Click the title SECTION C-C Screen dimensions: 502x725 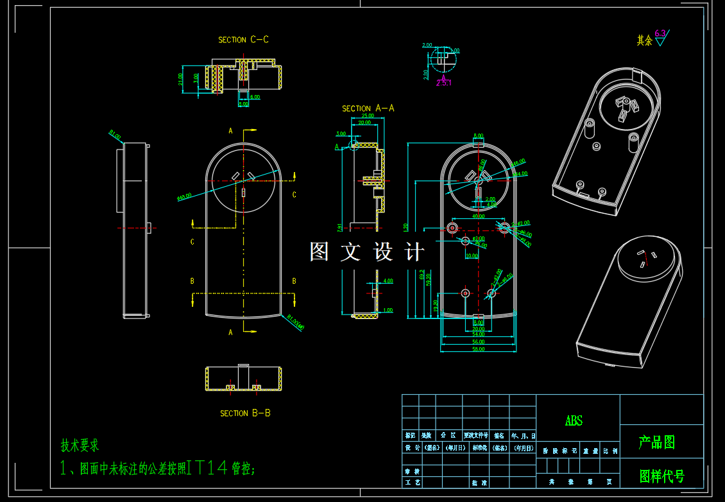point(243,40)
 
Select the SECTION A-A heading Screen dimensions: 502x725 point(368,108)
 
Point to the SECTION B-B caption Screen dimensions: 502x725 point(245,413)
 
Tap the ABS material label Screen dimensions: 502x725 point(574,421)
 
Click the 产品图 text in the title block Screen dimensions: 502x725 point(656,442)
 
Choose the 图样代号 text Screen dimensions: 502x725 point(662,476)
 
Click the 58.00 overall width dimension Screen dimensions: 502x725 point(478,349)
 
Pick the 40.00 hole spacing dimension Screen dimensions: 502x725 point(478,217)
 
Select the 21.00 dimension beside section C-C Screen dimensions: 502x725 point(182,78)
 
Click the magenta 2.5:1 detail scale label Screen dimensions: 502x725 point(443,83)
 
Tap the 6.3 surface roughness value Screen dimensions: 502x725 point(660,34)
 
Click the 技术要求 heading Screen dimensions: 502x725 point(80,445)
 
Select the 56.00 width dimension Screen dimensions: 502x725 point(478,342)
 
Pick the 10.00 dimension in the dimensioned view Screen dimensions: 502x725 point(472,255)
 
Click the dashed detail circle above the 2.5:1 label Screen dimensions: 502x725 point(442,59)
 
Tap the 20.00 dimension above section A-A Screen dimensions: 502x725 point(364,123)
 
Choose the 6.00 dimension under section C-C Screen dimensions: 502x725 point(255,97)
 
